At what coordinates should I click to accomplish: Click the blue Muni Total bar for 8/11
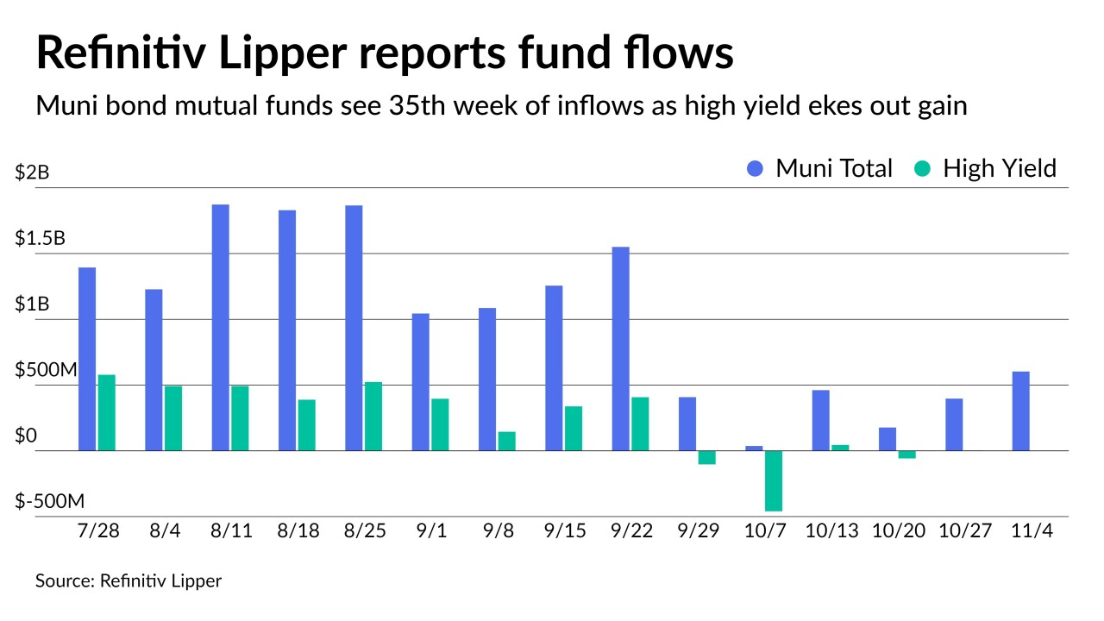click(x=220, y=327)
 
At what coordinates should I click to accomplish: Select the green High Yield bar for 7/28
click(x=106, y=412)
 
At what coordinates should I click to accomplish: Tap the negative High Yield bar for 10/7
click(x=773, y=480)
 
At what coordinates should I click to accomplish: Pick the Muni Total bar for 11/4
click(x=1020, y=411)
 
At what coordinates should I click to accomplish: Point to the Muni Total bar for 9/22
click(x=620, y=348)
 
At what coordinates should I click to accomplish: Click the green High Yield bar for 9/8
click(x=506, y=441)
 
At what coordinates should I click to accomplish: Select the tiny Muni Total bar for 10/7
click(x=754, y=448)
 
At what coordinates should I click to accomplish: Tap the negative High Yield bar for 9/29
click(x=707, y=457)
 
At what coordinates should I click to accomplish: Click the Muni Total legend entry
click(x=819, y=168)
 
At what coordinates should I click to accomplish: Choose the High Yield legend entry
click(x=985, y=168)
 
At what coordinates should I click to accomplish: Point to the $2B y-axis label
click(x=33, y=172)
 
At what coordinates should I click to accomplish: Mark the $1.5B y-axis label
click(x=40, y=239)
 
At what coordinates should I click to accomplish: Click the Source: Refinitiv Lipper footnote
click(x=129, y=580)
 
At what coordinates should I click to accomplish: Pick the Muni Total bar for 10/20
click(x=888, y=439)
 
